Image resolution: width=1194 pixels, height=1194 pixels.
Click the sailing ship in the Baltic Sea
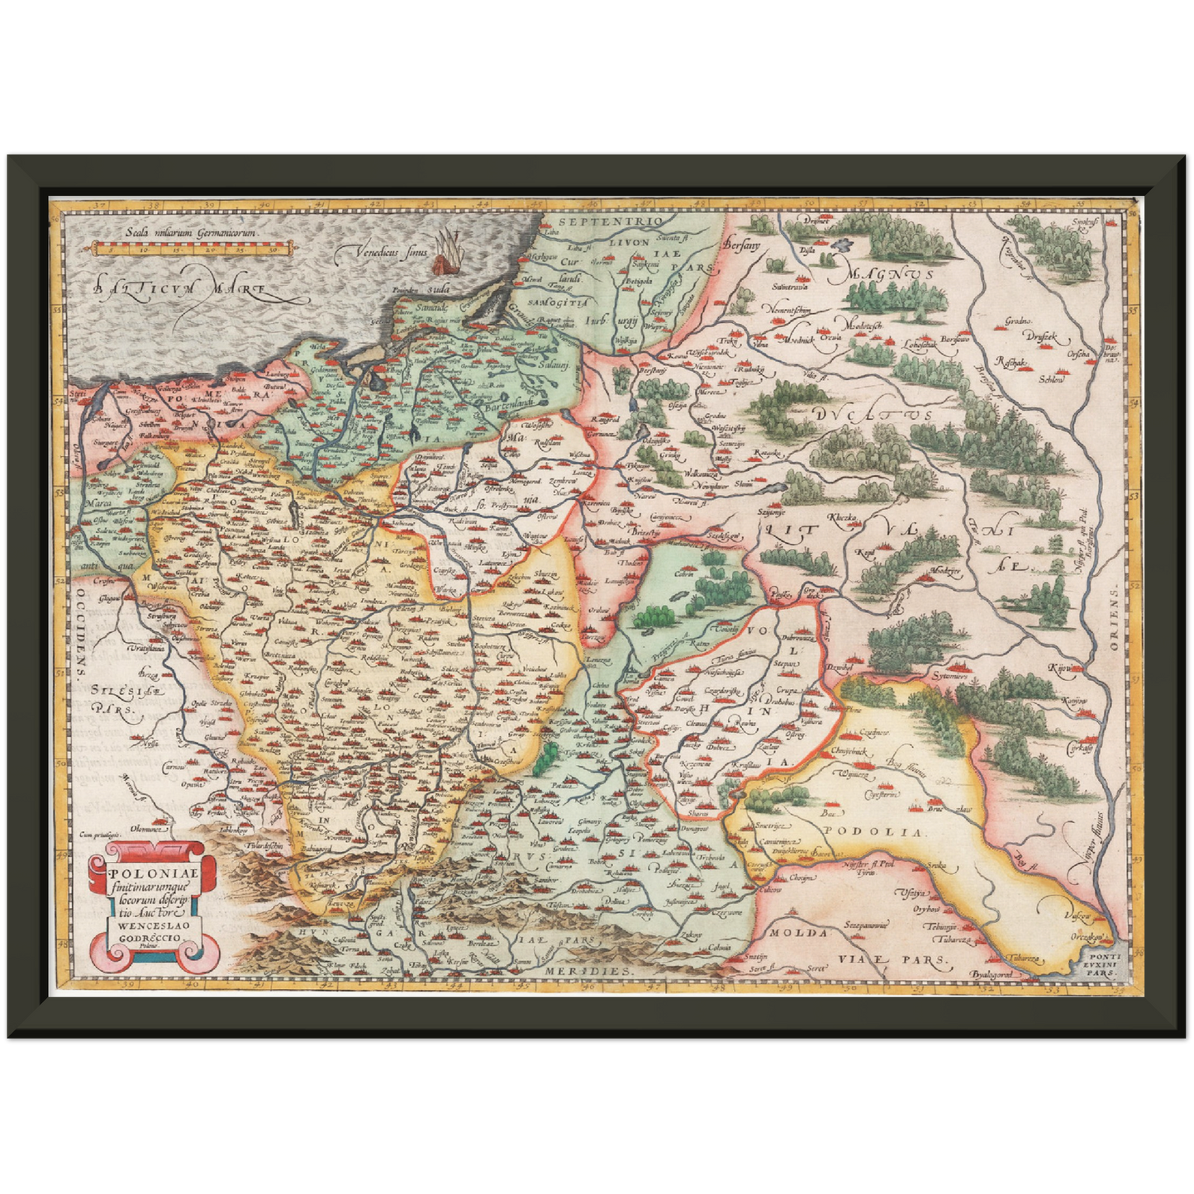(x=447, y=251)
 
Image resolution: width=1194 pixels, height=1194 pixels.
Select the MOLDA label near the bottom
(x=797, y=932)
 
